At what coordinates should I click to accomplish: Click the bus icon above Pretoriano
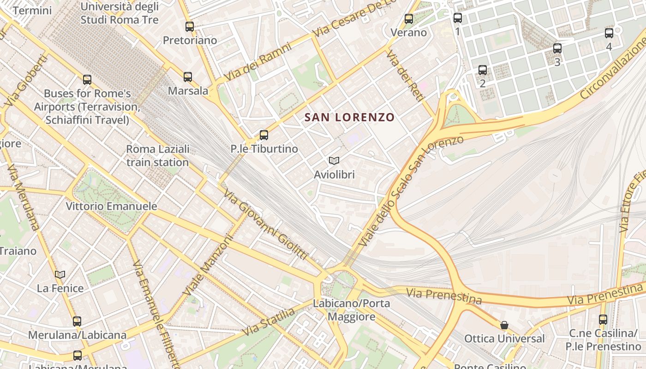point(190,26)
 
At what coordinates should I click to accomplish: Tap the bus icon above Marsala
point(188,77)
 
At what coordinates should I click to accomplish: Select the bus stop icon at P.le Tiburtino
point(264,135)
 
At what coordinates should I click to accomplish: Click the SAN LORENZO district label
point(350,118)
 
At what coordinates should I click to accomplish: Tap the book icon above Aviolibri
point(334,161)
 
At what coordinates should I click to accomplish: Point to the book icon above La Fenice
point(60,274)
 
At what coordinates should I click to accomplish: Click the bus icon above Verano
point(409,18)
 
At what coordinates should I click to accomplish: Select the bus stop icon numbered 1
point(458,18)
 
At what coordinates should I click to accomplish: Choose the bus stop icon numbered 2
point(483,70)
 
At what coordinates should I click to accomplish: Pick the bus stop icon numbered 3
point(557,48)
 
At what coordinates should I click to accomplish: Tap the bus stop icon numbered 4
point(609,33)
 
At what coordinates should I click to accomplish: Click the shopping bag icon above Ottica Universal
point(504,325)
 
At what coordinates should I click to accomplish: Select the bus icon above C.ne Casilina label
point(603,319)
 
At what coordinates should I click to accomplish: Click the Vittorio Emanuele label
point(111,206)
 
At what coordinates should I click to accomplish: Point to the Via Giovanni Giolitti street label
point(266,224)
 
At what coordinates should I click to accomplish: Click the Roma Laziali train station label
point(158,156)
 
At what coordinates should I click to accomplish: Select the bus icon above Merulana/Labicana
point(77,321)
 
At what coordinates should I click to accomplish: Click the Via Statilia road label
point(269,322)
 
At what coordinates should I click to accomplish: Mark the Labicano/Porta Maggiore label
point(352,310)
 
